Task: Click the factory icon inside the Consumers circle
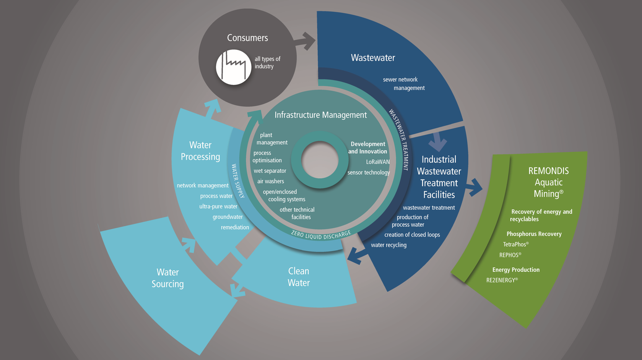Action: click(x=234, y=67)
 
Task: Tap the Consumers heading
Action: click(x=247, y=38)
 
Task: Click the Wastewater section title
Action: click(x=373, y=58)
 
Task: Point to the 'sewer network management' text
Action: click(x=404, y=84)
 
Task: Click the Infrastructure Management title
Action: click(x=320, y=115)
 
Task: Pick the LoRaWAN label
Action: click(x=378, y=162)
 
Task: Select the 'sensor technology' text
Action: click(x=369, y=172)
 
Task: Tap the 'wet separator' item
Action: click(x=270, y=171)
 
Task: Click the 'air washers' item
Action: click(x=271, y=181)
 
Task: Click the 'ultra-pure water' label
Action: click(x=218, y=206)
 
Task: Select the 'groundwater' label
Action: click(x=228, y=217)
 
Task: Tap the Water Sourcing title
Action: click(x=167, y=278)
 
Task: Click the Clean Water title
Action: click(x=299, y=277)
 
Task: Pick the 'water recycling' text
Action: click(x=388, y=245)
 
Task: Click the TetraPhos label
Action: click(x=516, y=244)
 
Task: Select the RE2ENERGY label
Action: click(x=502, y=280)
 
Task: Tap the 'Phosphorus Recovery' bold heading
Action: click(x=534, y=234)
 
